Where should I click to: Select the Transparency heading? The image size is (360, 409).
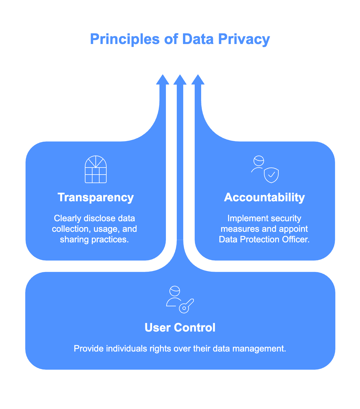pos(96,197)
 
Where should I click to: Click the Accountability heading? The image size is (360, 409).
pos(264,197)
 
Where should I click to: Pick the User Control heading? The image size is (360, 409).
pos(180,328)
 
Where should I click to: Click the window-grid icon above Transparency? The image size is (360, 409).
pos(96,169)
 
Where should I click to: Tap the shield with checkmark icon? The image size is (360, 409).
pos(271,175)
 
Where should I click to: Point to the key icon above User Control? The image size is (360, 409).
pos(186,306)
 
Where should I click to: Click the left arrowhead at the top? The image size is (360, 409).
pos(162,80)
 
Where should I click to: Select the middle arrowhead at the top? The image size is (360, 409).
pos(180,80)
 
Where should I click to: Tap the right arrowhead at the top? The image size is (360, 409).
pos(198,80)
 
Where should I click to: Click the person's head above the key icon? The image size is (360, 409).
pos(175,291)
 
